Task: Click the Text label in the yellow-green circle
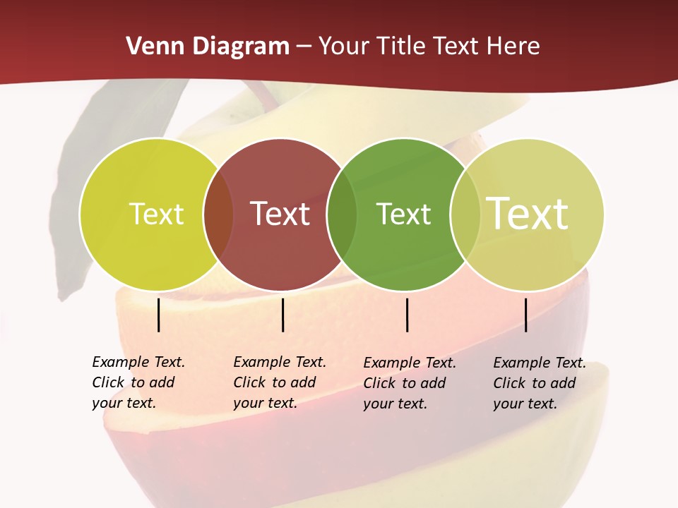[x=156, y=214]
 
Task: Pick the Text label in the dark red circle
[x=280, y=214]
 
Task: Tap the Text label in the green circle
[x=403, y=214]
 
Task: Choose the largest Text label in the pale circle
[x=528, y=214]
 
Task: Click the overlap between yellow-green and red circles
[x=218, y=214]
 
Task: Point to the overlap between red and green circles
[x=342, y=214]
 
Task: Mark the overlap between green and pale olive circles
[x=465, y=214]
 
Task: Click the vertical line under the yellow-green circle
[x=159, y=315]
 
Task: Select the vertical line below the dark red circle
[x=282, y=315]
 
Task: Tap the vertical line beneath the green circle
[x=408, y=315]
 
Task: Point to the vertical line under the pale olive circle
[x=526, y=315]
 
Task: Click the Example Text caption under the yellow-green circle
[x=138, y=382]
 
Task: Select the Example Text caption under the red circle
[x=279, y=382]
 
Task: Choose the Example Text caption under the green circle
[x=409, y=383]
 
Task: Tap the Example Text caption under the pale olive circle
[x=539, y=383]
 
